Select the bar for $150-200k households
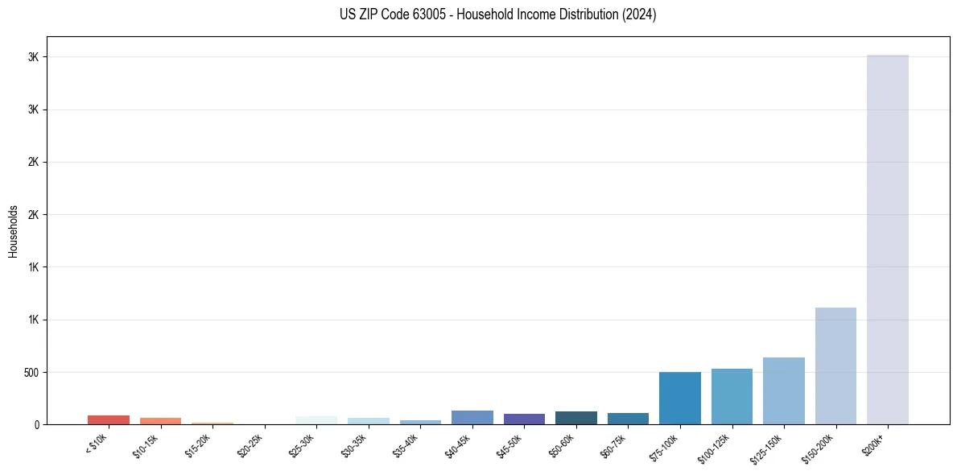835,366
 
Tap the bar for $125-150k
783,390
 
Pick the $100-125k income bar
732,396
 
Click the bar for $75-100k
679,398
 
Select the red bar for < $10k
109,419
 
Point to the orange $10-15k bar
160,421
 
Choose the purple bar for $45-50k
524,419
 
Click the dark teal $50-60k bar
575,418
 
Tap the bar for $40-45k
472,417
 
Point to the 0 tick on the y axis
37,425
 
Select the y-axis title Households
13,231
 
